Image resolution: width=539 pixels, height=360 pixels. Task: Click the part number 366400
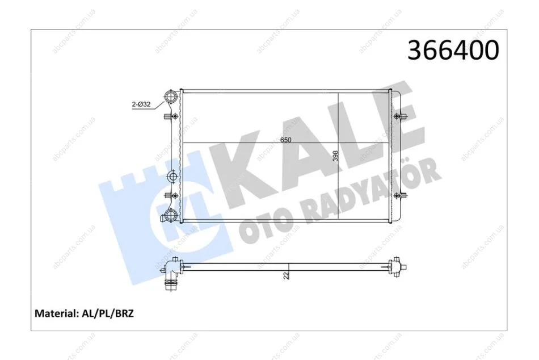point(453,50)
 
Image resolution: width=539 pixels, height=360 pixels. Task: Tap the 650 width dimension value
point(285,140)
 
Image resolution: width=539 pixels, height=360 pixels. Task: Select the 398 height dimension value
point(335,156)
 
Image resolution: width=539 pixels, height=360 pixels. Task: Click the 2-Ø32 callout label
point(141,104)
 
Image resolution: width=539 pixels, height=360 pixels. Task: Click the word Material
point(56,313)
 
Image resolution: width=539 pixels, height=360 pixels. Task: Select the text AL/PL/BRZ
point(108,313)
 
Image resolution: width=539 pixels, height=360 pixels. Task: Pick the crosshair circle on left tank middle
point(172,177)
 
